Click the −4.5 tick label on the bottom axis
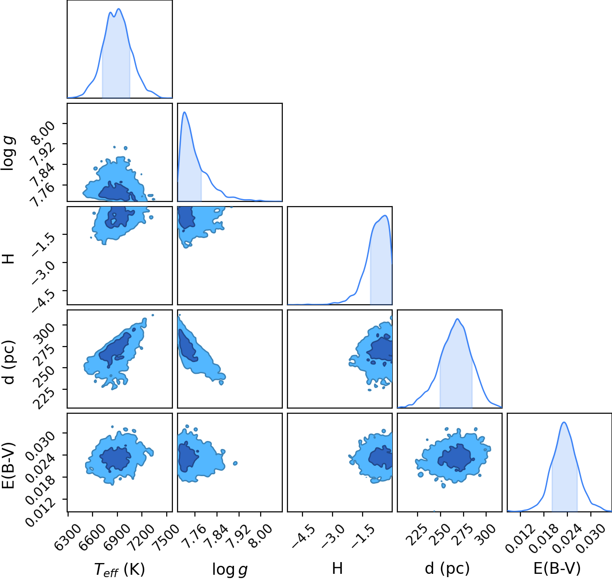pyautogui.click(x=304, y=533)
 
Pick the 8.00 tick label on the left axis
pyautogui.click(x=44, y=132)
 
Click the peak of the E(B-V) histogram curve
pyautogui.click(x=564, y=423)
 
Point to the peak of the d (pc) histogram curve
pyautogui.click(x=457, y=319)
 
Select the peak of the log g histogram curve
pyautogui.click(x=184, y=112)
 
